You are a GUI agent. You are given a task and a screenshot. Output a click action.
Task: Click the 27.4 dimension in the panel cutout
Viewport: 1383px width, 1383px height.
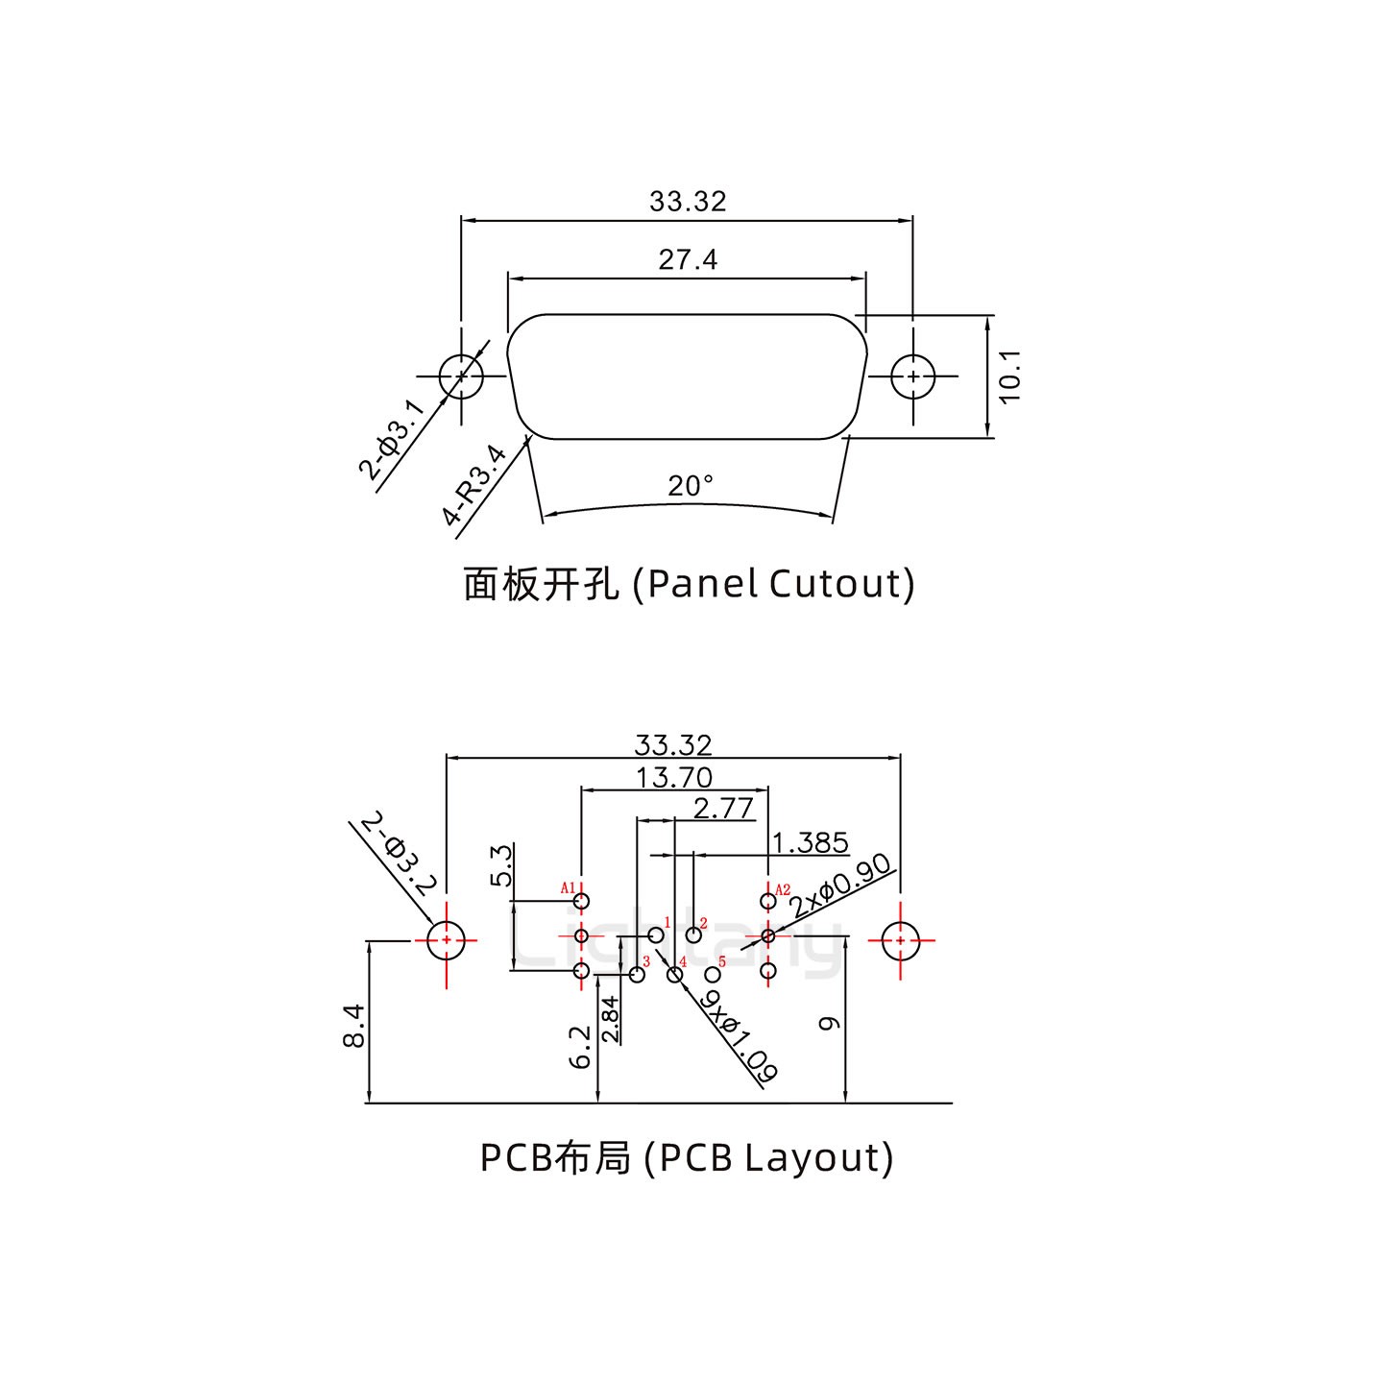(x=688, y=259)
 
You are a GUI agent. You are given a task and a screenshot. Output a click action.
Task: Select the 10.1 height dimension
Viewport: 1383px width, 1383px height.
(x=1009, y=376)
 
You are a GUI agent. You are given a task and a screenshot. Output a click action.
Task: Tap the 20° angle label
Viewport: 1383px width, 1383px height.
(x=691, y=486)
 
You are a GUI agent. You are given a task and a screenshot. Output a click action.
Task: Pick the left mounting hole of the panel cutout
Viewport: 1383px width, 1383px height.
(x=461, y=376)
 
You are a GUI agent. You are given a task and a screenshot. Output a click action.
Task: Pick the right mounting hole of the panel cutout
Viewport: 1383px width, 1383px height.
(x=912, y=376)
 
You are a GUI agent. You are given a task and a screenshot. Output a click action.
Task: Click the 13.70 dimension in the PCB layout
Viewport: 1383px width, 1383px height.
(x=674, y=777)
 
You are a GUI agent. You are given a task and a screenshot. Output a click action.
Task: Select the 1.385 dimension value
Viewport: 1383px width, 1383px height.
(x=811, y=843)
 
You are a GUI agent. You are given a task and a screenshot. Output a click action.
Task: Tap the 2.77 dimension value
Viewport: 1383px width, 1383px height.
(x=723, y=809)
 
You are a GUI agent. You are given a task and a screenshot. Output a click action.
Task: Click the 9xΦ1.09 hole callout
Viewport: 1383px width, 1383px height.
(x=739, y=1036)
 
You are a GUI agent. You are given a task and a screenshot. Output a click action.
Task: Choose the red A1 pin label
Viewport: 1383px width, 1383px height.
(x=568, y=887)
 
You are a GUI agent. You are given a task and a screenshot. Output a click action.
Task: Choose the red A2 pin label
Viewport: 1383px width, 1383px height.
(x=783, y=890)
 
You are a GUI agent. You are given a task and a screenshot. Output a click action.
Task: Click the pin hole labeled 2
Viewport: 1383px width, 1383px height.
(x=693, y=934)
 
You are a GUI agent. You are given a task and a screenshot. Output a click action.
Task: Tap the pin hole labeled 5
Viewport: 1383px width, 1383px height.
(x=713, y=975)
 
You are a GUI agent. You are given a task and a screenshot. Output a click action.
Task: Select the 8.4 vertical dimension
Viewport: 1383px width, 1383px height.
(x=353, y=1025)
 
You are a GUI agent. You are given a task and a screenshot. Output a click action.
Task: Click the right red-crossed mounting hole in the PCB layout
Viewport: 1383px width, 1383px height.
(x=900, y=941)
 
